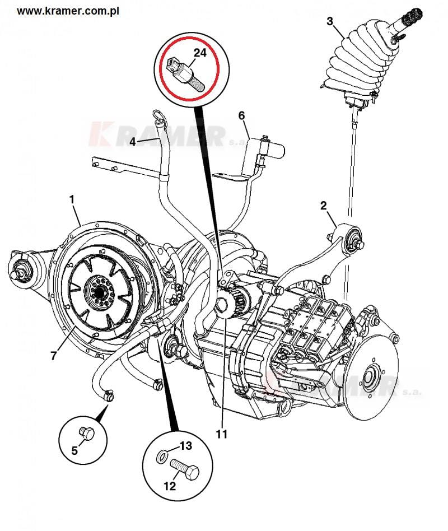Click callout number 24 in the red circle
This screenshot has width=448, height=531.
point(200,54)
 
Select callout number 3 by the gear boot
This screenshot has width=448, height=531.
point(330,21)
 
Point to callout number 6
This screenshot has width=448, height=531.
point(241,116)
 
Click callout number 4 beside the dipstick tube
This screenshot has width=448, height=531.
point(133,142)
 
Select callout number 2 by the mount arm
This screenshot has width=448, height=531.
point(324,206)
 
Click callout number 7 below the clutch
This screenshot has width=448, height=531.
point(53,356)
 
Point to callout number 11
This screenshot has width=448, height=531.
point(222,434)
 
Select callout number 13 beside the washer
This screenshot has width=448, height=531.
point(185,446)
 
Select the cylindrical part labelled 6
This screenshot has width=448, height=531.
point(271,147)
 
